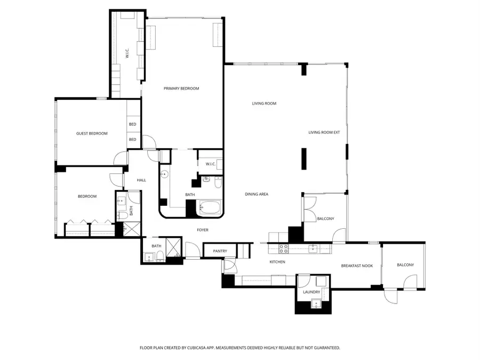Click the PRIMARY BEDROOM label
point(181,89)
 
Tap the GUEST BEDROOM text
point(92,133)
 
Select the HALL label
point(141,180)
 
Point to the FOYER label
point(202,230)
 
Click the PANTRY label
point(220,251)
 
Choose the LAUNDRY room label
point(311,292)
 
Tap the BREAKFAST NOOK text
point(357,266)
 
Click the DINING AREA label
point(257,194)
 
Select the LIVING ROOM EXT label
point(324,132)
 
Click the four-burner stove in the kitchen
point(284,248)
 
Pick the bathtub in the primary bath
point(209,209)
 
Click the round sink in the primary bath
point(165,174)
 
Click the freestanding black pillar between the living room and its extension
point(304,158)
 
